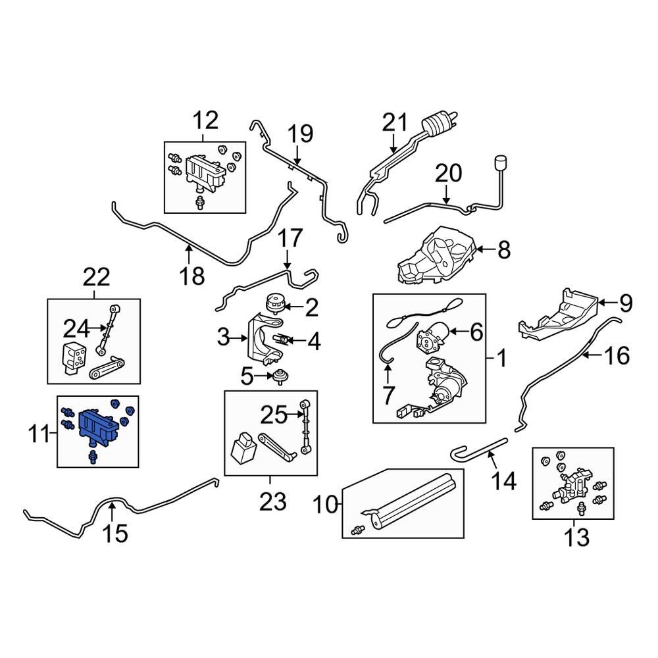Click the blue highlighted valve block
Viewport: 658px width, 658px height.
[97, 424]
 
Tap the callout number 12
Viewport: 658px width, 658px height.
[205, 120]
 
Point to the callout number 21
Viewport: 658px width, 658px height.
[396, 122]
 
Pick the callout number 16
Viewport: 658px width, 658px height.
[616, 356]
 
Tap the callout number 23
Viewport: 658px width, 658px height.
[272, 503]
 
